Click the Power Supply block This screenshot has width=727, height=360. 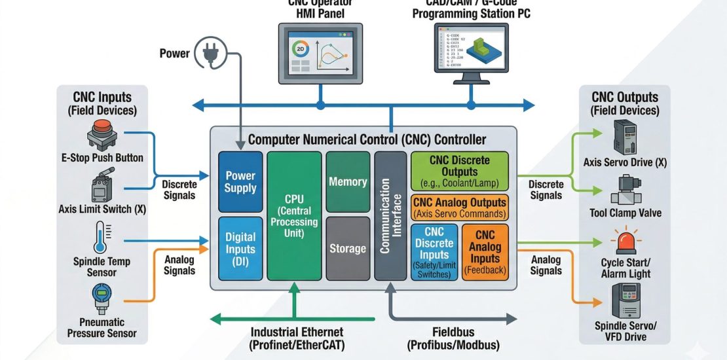click(x=240, y=181)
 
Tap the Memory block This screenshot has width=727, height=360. click(x=347, y=182)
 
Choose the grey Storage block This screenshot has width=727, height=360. click(x=347, y=249)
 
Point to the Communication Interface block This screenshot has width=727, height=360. click(x=390, y=217)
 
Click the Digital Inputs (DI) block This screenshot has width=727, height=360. click(x=240, y=249)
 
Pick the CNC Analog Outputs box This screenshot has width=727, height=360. click(x=460, y=208)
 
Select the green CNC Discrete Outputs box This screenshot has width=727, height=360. click(x=460, y=170)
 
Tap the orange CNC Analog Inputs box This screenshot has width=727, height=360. click(x=485, y=253)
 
